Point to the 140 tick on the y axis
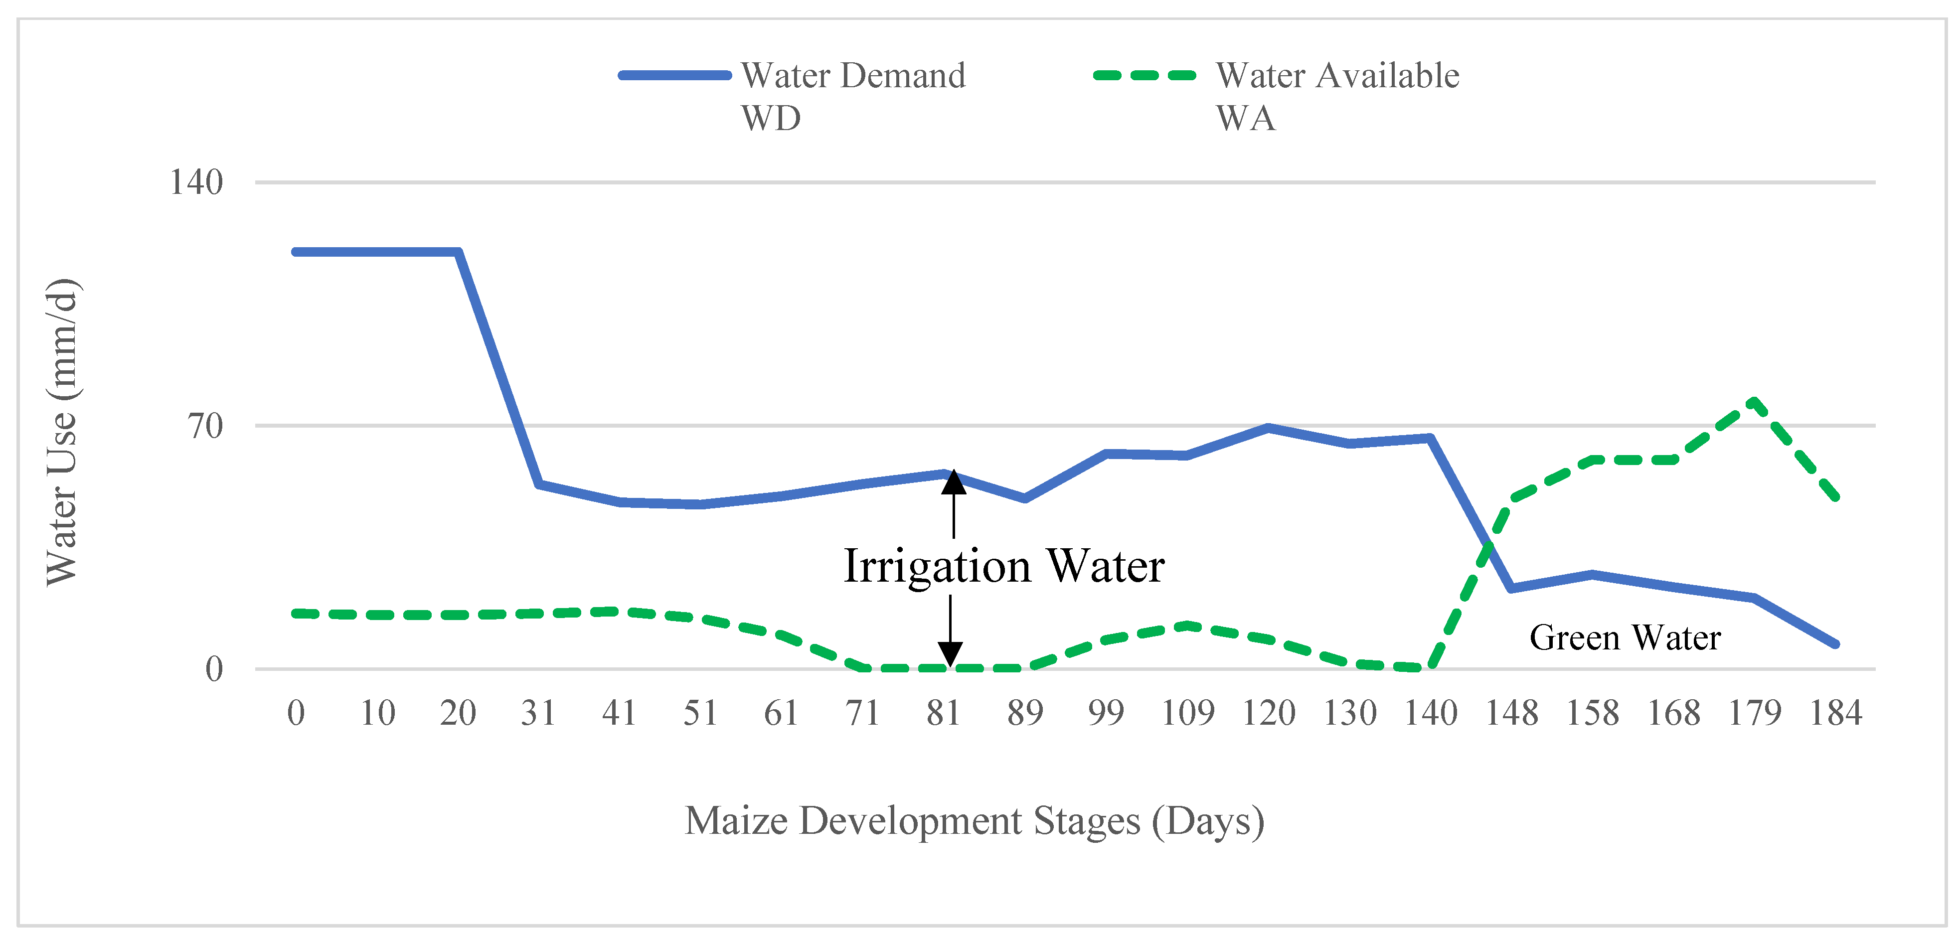[x=196, y=182]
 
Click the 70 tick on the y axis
[x=205, y=426]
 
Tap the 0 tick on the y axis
[x=214, y=669]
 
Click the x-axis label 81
[x=944, y=713]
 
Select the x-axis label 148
[x=1512, y=713]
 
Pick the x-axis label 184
[x=1835, y=713]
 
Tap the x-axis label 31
[x=539, y=713]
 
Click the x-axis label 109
[x=1188, y=713]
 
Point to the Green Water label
[x=1625, y=637]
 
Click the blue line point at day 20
[x=458, y=252]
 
